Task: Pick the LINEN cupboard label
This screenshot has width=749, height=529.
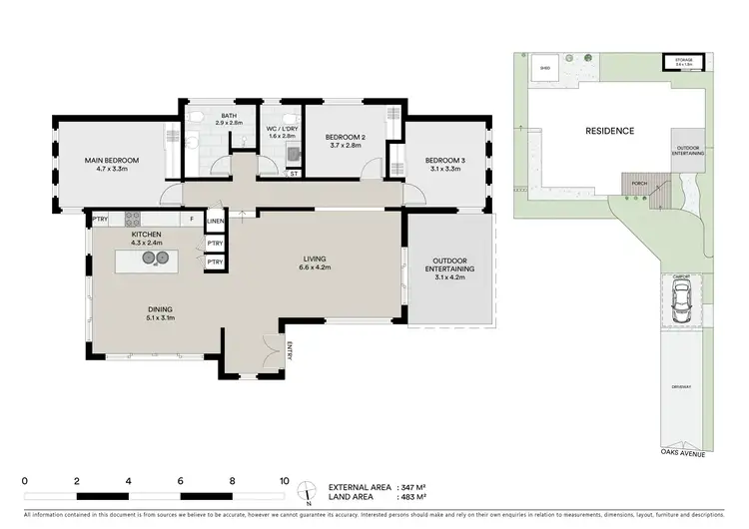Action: pos(215,221)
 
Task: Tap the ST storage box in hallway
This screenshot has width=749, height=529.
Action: pos(294,174)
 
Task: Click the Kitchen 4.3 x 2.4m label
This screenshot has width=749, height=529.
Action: pos(145,238)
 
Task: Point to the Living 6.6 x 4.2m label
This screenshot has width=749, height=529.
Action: pos(317,263)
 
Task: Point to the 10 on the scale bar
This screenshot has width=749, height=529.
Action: pos(285,480)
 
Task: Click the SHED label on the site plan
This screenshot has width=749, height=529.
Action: pos(545,68)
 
